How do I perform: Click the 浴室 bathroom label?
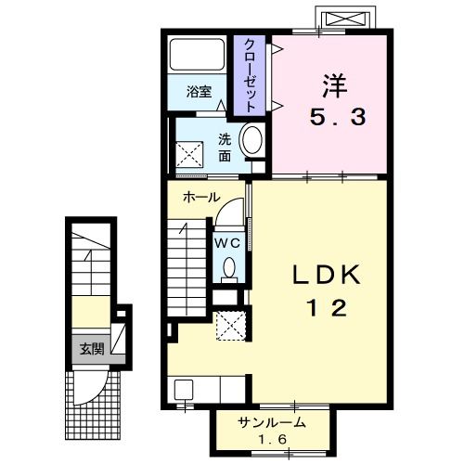tap(199, 92)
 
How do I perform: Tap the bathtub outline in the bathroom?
tap(197, 55)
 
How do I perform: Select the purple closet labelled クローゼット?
tap(250, 75)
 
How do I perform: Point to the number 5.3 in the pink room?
tap(338, 117)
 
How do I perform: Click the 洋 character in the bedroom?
tap(335, 85)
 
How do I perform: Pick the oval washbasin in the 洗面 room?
tap(252, 139)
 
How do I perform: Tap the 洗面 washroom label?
tap(225, 148)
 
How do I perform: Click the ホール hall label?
tap(201, 197)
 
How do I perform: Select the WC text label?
tap(227, 243)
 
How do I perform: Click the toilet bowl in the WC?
tap(229, 268)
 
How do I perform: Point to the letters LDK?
tap(327, 275)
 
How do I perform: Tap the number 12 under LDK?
tap(327, 308)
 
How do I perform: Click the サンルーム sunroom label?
tap(272, 422)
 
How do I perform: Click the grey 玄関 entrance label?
tap(92, 349)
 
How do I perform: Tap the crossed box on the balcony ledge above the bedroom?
tap(345, 19)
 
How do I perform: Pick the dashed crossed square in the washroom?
tap(189, 155)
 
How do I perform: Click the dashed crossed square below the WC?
tap(231, 326)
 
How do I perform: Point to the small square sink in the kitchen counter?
tap(184, 390)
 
